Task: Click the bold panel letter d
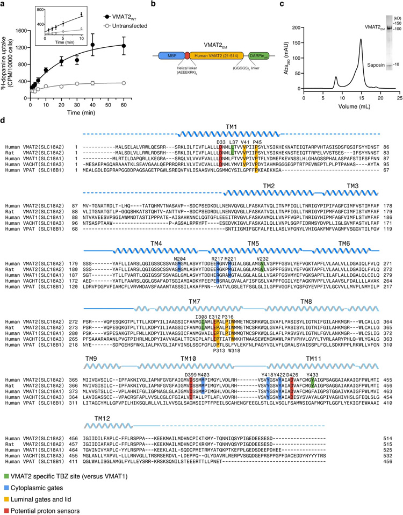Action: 4,115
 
